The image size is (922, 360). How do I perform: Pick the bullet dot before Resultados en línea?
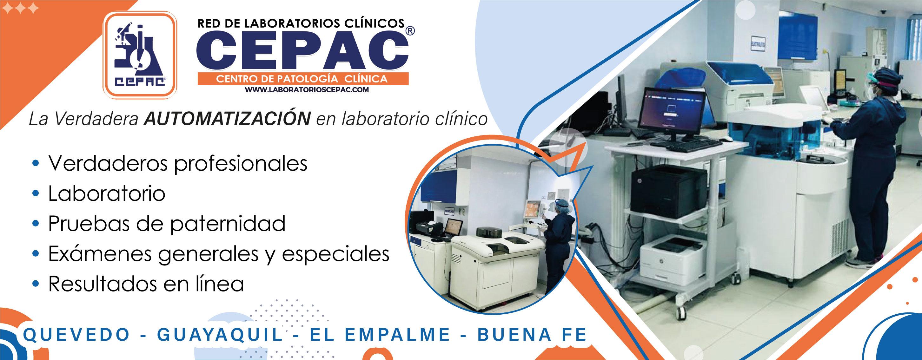click(35, 284)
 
